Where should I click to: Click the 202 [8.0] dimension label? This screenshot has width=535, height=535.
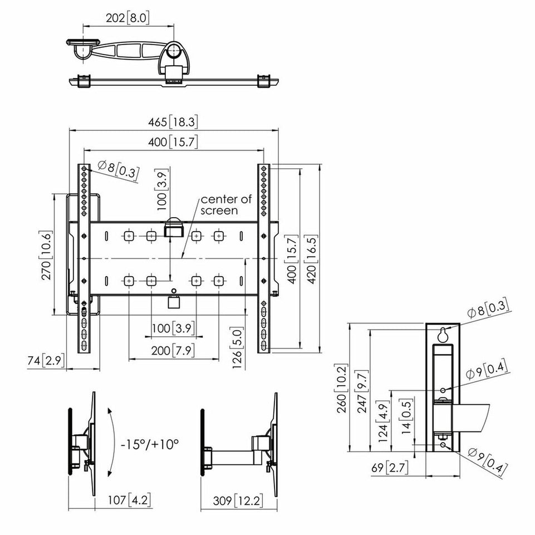point(127,18)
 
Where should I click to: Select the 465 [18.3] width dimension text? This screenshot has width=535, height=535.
point(173,122)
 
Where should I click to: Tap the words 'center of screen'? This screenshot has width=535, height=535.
point(226,205)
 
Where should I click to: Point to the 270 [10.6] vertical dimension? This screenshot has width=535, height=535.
point(46,255)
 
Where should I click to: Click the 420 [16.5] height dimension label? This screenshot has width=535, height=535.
point(312,259)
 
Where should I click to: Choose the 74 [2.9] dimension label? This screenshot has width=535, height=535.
point(46,360)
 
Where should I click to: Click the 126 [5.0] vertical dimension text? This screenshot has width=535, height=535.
point(237,348)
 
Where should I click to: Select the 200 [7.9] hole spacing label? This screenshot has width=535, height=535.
point(173,350)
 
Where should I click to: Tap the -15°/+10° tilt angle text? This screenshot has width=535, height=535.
point(149,444)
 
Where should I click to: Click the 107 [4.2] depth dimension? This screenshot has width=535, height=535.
point(129,500)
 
